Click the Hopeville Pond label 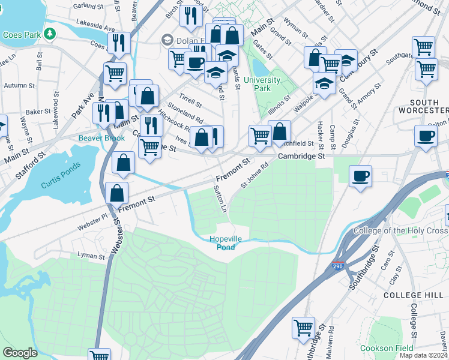click(x=226, y=243)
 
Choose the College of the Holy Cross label click(x=400, y=231)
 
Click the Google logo click(x=20, y=352)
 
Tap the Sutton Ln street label click(x=220, y=199)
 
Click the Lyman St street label click(x=91, y=256)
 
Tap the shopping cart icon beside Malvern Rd click(x=303, y=328)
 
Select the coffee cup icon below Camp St click(x=361, y=176)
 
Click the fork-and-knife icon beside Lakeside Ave click(x=119, y=43)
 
